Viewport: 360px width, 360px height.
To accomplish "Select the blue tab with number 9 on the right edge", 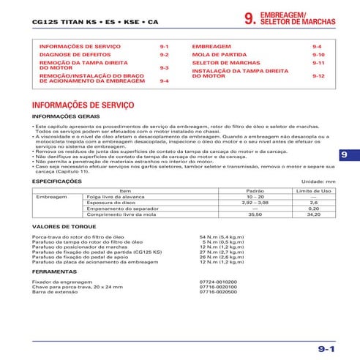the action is point(345,154).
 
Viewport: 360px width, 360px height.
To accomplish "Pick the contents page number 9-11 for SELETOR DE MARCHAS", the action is point(318,64).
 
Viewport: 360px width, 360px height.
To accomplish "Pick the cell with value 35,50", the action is point(254,214).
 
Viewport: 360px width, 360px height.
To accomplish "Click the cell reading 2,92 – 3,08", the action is point(254,203).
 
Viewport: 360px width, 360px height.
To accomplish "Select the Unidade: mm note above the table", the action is point(318,181).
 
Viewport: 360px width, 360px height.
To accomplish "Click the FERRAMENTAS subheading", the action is point(56,270).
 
